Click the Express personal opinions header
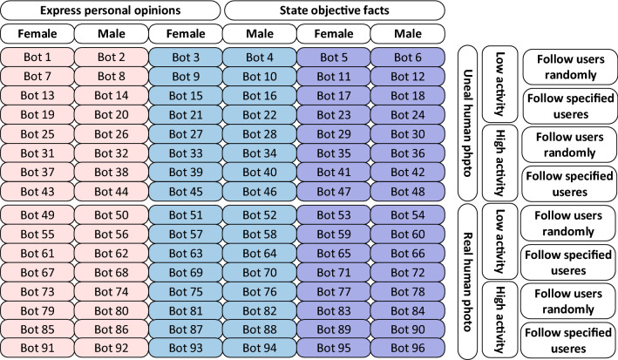[x=111, y=10]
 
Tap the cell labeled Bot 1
[x=37, y=57]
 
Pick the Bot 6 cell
[x=407, y=57]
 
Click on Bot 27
[x=185, y=133]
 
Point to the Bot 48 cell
[x=407, y=191]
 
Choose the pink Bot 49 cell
[x=37, y=215]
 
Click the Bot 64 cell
[x=259, y=254]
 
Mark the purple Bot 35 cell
[x=333, y=153]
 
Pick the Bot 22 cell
[x=259, y=114]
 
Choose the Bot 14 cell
[x=111, y=95]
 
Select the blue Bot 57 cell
[x=185, y=234]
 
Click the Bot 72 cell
[x=407, y=273]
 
